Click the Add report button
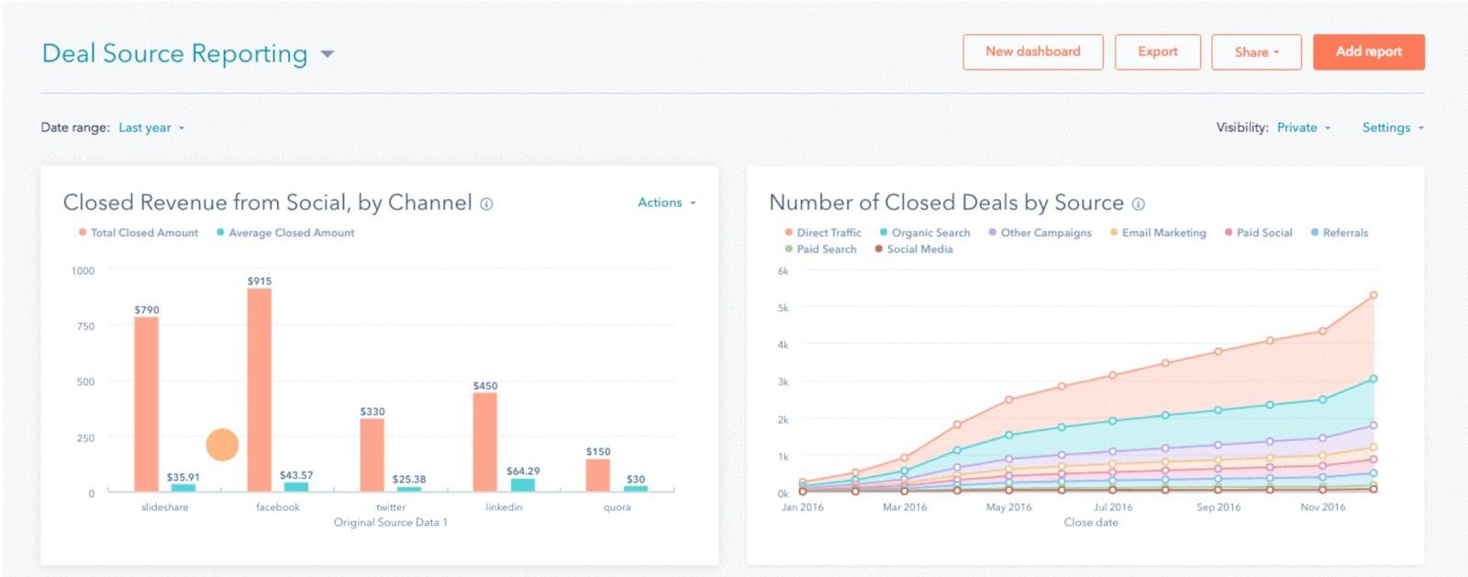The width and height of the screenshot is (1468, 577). pyautogui.click(x=1368, y=52)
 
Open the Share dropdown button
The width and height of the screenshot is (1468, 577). pyautogui.click(x=1256, y=52)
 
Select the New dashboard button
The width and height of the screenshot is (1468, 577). pyautogui.click(x=1032, y=52)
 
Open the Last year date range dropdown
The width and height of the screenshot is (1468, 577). pyautogui.click(x=150, y=128)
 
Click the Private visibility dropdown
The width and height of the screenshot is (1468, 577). pyautogui.click(x=1303, y=128)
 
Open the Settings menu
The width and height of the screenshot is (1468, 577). pyautogui.click(x=1392, y=128)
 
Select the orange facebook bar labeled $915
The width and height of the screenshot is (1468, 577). pyautogui.click(x=260, y=390)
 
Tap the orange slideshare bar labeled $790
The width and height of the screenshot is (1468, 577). pyautogui.click(x=147, y=404)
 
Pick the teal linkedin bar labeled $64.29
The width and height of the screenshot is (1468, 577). pyautogui.click(x=523, y=484)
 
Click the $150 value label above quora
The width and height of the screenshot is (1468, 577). pyautogui.click(x=598, y=451)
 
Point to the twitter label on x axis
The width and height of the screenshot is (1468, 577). pyautogui.click(x=391, y=507)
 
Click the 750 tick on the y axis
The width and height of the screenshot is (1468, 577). pyautogui.click(x=85, y=327)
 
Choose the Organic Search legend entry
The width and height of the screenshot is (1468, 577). pyautogui.click(x=929, y=233)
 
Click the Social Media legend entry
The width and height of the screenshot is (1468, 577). pyautogui.click(x=918, y=250)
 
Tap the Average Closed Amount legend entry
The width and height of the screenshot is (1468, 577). pyautogui.click(x=290, y=233)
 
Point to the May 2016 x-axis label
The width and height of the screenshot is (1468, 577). pyautogui.click(x=1008, y=507)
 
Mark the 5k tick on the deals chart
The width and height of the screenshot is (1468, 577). pyautogui.click(x=783, y=308)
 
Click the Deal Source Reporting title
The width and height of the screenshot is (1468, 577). pyautogui.click(x=175, y=54)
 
